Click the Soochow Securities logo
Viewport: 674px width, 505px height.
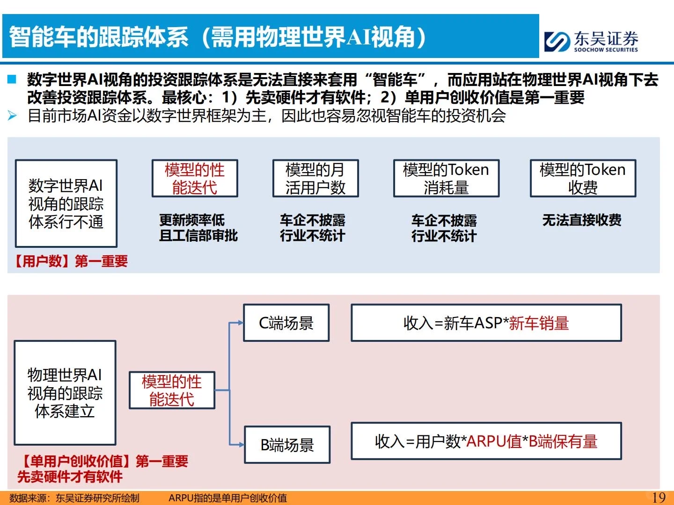click(x=591, y=41)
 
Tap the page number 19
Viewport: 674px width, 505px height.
click(x=658, y=497)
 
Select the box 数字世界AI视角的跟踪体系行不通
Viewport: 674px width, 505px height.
click(x=66, y=203)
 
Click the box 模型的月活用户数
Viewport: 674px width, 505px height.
click(x=315, y=179)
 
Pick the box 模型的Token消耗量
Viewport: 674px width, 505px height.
click(x=446, y=179)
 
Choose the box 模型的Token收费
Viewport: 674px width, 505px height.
click(x=583, y=179)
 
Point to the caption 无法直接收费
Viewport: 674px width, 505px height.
click(x=582, y=220)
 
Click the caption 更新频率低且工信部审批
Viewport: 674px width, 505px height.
click(x=198, y=228)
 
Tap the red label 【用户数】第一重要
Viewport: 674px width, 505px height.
click(x=70, y=261)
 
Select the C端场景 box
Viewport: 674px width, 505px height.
click(x=286, y=323)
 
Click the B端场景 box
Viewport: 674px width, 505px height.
click(x=287, y=445)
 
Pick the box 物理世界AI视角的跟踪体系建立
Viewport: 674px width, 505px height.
click(x=65, y=393)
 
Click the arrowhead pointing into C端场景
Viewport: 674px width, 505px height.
click(x=240, y=323)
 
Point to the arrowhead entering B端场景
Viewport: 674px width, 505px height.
click(x=241, y=445)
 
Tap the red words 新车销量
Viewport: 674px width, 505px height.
click(x=539, y=323)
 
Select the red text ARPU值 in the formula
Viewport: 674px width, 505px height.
click(x=494, y=441)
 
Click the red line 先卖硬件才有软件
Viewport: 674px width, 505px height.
click(x=70, y=476)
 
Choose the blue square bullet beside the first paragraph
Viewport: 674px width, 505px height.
click(x=12, y=79)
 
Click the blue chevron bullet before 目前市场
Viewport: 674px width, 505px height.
click(x=12, y=115)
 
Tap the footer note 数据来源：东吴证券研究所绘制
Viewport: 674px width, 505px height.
click(x=74, y=498)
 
